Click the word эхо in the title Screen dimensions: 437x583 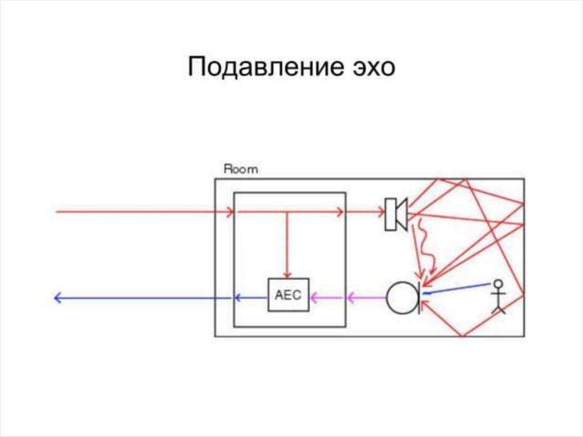pos(371,68)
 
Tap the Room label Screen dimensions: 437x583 pos(240,169)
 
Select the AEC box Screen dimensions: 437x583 pos(288,295)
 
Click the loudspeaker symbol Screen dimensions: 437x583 pos(396,214)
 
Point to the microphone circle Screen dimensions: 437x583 pos(402,297)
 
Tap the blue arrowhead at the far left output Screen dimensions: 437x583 pos(57,297)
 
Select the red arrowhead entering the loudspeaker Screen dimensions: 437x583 pos(381,212)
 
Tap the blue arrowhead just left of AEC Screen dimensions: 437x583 pos(238,297)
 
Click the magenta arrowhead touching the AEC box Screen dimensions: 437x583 pos(314,296)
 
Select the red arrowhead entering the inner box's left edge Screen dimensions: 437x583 pos(230,212)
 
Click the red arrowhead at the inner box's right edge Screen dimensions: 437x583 pos(340,212)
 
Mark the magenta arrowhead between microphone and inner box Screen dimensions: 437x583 pos(351,296)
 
